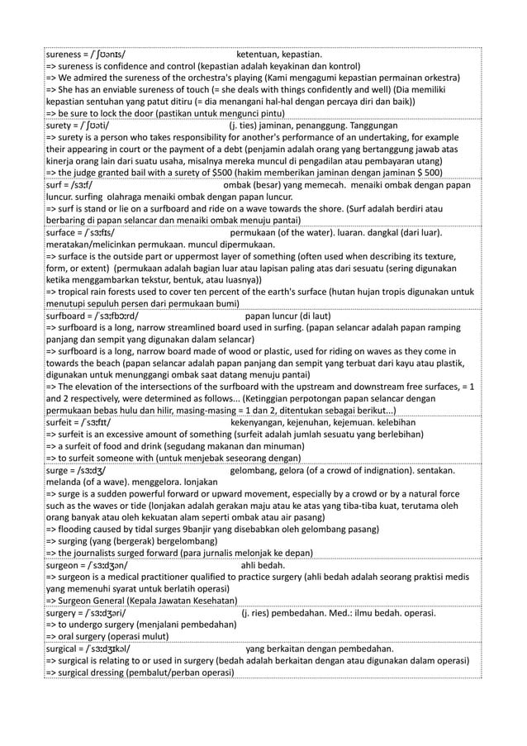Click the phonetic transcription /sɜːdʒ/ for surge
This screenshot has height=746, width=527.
click(x=88, y=470)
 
